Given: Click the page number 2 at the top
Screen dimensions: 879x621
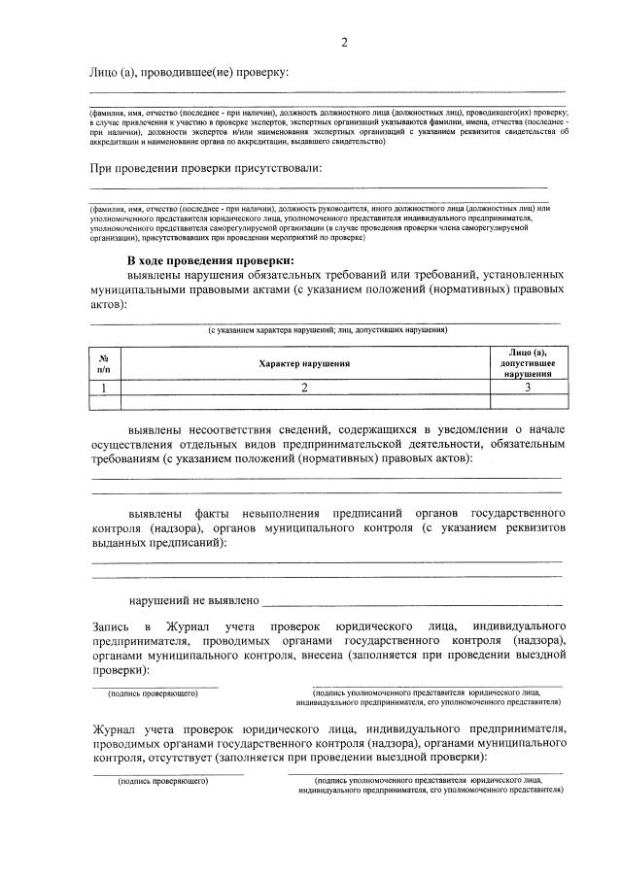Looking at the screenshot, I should [x=344, y=43].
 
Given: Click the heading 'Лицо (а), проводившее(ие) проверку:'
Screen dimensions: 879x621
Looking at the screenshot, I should [x=190, y=74].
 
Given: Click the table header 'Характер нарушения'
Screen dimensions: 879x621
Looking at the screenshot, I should [x=304, y=362].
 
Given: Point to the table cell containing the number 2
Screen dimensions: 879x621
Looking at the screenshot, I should [x=304, y=387].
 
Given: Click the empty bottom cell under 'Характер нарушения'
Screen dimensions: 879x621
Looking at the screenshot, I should [x=304, y=400].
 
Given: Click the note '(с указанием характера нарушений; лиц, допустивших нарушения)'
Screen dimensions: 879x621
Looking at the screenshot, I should [x=327, y=330].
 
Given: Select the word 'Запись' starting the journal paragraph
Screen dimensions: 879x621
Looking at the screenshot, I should [x=110, y=626].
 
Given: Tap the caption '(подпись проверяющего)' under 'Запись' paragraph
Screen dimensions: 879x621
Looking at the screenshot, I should [x=154, y=693].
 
